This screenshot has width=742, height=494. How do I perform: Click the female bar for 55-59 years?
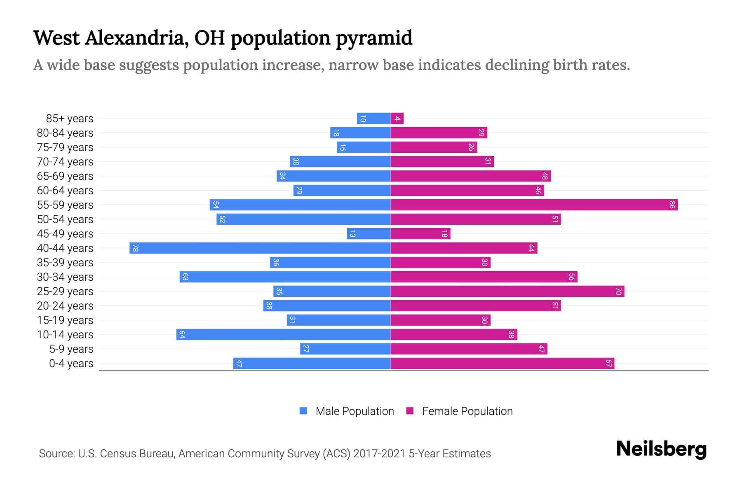click(534, 205)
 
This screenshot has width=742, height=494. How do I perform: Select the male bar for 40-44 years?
click(260, 248)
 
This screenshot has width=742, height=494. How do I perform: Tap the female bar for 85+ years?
click(397, 119)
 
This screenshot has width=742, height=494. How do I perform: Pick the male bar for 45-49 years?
click(369, 234)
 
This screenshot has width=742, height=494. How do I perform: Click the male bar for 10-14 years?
click(283, 334)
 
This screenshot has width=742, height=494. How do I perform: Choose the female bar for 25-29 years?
click(507, 291)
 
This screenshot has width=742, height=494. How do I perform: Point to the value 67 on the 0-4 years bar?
click(608, 364)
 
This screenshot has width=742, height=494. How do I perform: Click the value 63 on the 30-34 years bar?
click(185, 277)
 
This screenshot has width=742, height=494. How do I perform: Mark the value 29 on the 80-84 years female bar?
click(481, 133)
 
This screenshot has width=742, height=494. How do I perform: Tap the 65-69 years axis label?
click(65, 176)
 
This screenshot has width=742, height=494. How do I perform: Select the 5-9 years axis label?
click(71, 349)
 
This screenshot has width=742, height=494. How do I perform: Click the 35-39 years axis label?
click(65, 263)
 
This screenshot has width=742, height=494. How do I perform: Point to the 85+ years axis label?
click(70, 119)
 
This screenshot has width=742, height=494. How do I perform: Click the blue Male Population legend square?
click(303, 411)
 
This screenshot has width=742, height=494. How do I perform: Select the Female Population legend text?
click(467, 411)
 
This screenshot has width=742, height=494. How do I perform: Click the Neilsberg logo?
click(661, 449)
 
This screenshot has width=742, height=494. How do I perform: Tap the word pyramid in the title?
click(373, 38)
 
